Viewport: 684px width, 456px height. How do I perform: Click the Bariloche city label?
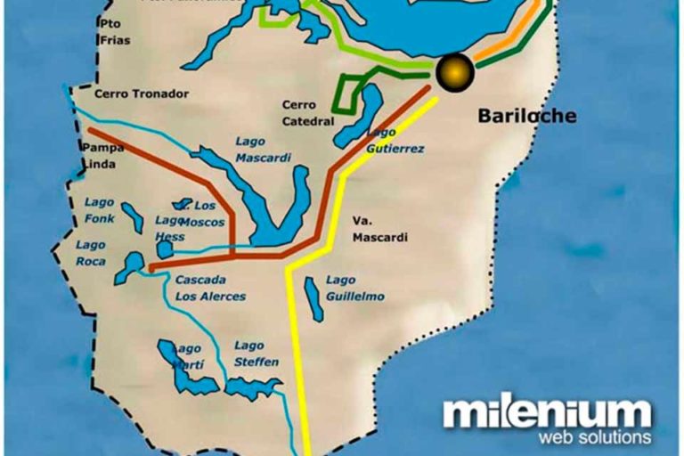coord(526,116)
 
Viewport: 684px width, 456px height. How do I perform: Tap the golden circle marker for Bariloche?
coord(454,69)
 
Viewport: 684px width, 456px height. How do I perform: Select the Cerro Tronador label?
coord(142,94)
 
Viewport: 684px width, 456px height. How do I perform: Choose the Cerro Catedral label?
coord(308,112)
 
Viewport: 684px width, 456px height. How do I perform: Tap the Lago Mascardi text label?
coord(264,149)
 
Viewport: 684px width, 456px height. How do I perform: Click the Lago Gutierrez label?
coord(395,141)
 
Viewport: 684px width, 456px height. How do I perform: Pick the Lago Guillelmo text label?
coord(354,288)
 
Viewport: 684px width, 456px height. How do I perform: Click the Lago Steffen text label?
coord(256,354)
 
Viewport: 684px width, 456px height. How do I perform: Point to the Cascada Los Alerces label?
coord(209,288)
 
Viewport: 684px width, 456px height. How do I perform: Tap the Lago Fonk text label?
coord(100,210)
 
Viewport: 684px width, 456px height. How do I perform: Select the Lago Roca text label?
coord(91,253)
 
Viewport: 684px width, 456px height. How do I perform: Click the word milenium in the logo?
coord(547,414)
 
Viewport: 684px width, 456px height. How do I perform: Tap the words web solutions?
coord(595,437)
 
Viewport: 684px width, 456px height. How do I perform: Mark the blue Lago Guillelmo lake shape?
coord(314,298)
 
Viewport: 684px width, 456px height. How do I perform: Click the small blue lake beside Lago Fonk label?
coord(133,217)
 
